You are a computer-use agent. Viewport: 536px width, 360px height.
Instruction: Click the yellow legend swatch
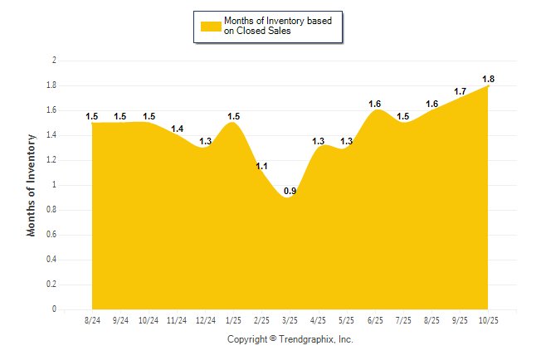[x=211, y=27]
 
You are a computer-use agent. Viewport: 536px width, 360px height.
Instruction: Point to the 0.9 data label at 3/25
[x=290, y=192]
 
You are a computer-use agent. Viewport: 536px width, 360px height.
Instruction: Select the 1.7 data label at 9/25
[x=460, y=91]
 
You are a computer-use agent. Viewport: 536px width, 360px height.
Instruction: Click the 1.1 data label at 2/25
[x=261, y=167]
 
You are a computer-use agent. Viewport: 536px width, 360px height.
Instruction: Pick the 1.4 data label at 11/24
[x=177, y=129]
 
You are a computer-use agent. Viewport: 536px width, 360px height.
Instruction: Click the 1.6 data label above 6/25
[x=374, y=104]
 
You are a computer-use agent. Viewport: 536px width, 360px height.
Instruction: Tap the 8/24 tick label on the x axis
[x=92, y=319]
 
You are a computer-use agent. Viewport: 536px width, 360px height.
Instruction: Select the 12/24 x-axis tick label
[x=205, y=319]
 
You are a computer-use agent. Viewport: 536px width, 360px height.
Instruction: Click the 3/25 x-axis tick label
[x=290, y=319]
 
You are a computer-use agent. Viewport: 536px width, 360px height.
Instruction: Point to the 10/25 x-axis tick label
[x=488, y=319]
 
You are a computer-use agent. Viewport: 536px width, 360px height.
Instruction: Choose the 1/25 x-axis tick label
[x=233, y=319]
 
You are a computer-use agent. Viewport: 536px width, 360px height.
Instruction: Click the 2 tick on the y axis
[x=54, y=61]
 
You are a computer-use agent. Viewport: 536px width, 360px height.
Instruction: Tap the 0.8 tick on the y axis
[x=51, y=210]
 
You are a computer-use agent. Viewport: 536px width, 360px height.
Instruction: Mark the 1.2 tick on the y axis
[x=51, y=160]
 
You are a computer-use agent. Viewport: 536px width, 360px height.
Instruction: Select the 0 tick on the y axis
[x=54, y=309]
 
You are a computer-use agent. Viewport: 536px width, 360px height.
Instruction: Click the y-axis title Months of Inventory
[x=32, y=185]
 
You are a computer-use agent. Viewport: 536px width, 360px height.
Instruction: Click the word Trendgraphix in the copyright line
[x=305, y=339]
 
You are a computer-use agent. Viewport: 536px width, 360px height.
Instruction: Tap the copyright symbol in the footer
[x=273, y=338]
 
